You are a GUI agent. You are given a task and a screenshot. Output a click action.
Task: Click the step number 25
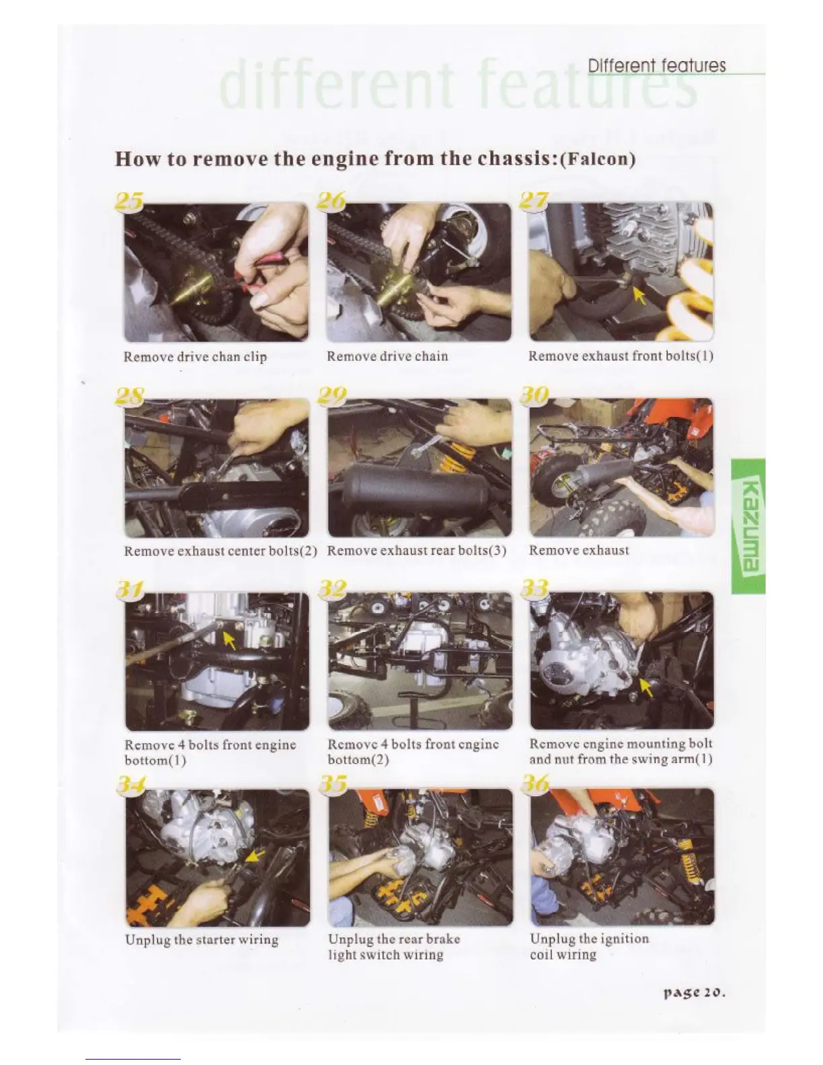(128, 201)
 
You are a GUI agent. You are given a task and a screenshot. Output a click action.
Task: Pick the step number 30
(535, 395)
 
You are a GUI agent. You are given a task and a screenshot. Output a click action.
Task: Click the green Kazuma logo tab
(748, 526)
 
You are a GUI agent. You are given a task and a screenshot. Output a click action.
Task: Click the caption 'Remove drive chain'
(387, 356)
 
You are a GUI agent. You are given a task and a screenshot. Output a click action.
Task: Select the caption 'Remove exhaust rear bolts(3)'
(417, 551)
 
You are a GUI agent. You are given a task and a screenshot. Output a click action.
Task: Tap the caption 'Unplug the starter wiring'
(202, 939)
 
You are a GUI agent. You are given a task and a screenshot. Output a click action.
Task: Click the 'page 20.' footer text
(694, 993)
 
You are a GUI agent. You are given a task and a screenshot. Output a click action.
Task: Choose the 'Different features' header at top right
(657, 66)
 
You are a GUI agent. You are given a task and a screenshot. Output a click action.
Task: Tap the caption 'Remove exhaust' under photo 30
(579, 551)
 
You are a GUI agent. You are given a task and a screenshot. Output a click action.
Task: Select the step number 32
(334, 588)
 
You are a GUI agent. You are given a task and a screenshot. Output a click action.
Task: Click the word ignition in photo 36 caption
(625, 939)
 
